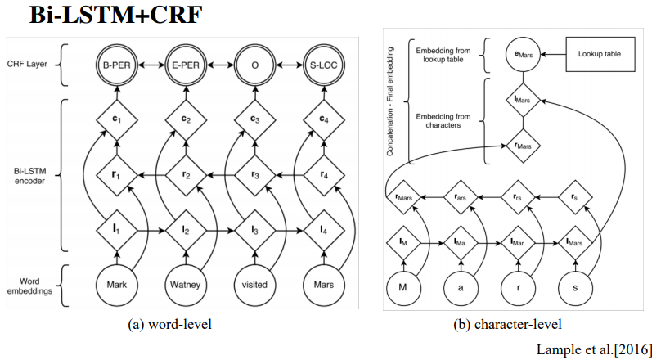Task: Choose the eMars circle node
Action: pyautogui.click(x=521, y=54)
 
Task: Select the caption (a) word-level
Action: pyautogui.click(x=170, y=324)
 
